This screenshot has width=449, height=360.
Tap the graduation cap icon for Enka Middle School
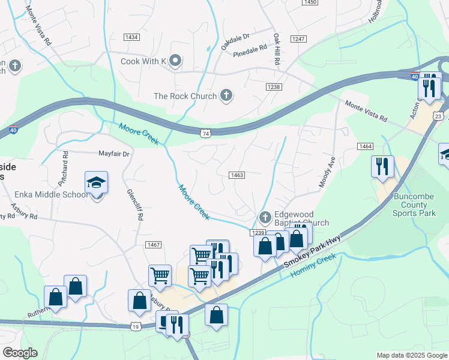(96, 183)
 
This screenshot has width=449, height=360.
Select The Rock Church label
(185, 95)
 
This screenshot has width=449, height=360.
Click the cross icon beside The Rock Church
(226, 95)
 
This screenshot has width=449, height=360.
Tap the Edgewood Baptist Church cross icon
(264, 217)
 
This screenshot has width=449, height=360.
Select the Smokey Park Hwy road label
(312, 252)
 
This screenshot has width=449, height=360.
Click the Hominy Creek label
(313, 265)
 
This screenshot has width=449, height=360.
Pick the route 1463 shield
(237, 175)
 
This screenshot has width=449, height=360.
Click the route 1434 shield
(131, 37)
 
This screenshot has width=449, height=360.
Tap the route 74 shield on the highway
(206, 133)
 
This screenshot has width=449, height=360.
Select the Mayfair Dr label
(114, 154)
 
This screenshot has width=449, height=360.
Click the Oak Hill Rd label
(277, 49)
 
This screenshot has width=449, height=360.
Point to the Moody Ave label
(327, 172)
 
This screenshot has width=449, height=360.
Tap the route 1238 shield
(274, 87)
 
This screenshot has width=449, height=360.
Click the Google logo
(20, 353)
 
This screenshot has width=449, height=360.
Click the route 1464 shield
(365, 146)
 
